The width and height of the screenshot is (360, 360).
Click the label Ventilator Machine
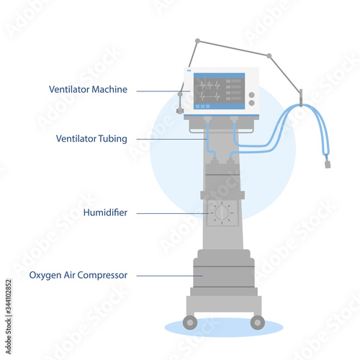tap(88, 89)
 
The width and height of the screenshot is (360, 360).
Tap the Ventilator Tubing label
tap(91, 139)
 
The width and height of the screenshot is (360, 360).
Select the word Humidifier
tap(105, 212)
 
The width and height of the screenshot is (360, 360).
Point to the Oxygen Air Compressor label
tap(78, 275)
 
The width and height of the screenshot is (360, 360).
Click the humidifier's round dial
tap(222, 213)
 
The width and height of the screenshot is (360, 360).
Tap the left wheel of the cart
tap(190, 323)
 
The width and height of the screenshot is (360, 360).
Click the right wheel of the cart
tap(258, 323)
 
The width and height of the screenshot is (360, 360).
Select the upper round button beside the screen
tap(251, 95)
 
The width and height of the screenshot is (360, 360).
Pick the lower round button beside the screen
tap(251, 103)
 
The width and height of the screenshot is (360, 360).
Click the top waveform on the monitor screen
tap(210, 85)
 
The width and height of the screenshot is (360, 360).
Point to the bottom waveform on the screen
tap(210, 96)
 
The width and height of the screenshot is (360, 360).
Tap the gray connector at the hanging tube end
tap(328, 164)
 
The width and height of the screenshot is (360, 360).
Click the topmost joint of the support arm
tap(197, 41)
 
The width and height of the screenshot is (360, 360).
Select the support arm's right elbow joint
tap(269, 56)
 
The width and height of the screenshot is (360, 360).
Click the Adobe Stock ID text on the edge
tap(9, 316)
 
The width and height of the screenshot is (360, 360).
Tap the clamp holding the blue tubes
tap(301, 98)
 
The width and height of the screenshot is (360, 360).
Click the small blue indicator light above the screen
tap(189, 71)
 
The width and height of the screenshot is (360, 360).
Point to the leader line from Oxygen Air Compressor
tap(169, 276)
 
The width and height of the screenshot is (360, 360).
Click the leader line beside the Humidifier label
tap(173, 213)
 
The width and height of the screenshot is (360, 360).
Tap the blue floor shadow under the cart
tap(224, 328)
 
